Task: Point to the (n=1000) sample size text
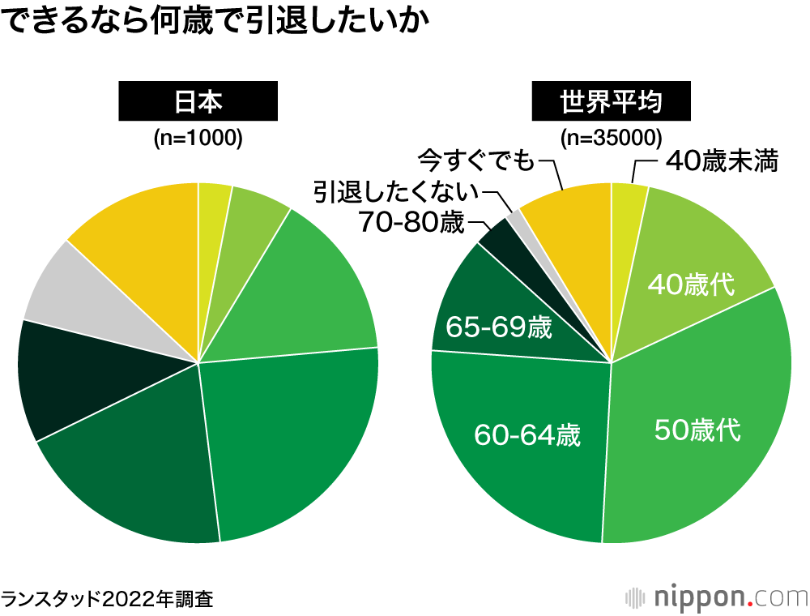pyautogui.click(x=198, y=139)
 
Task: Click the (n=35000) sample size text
pyautogui.click(x=612, y=139)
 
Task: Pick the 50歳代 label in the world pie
pyautogui.click(x=697, y=430)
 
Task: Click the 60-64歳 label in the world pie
pyautogui.click(x=527, y=435)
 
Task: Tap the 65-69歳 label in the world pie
pyautogui.click(x=499, y=328)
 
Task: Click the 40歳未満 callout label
pyautogui.click(x=721, y=161)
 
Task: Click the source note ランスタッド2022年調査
pyautogui.click(x=107, y=599)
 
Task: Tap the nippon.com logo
pyautogui.click(x=717, y=597)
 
